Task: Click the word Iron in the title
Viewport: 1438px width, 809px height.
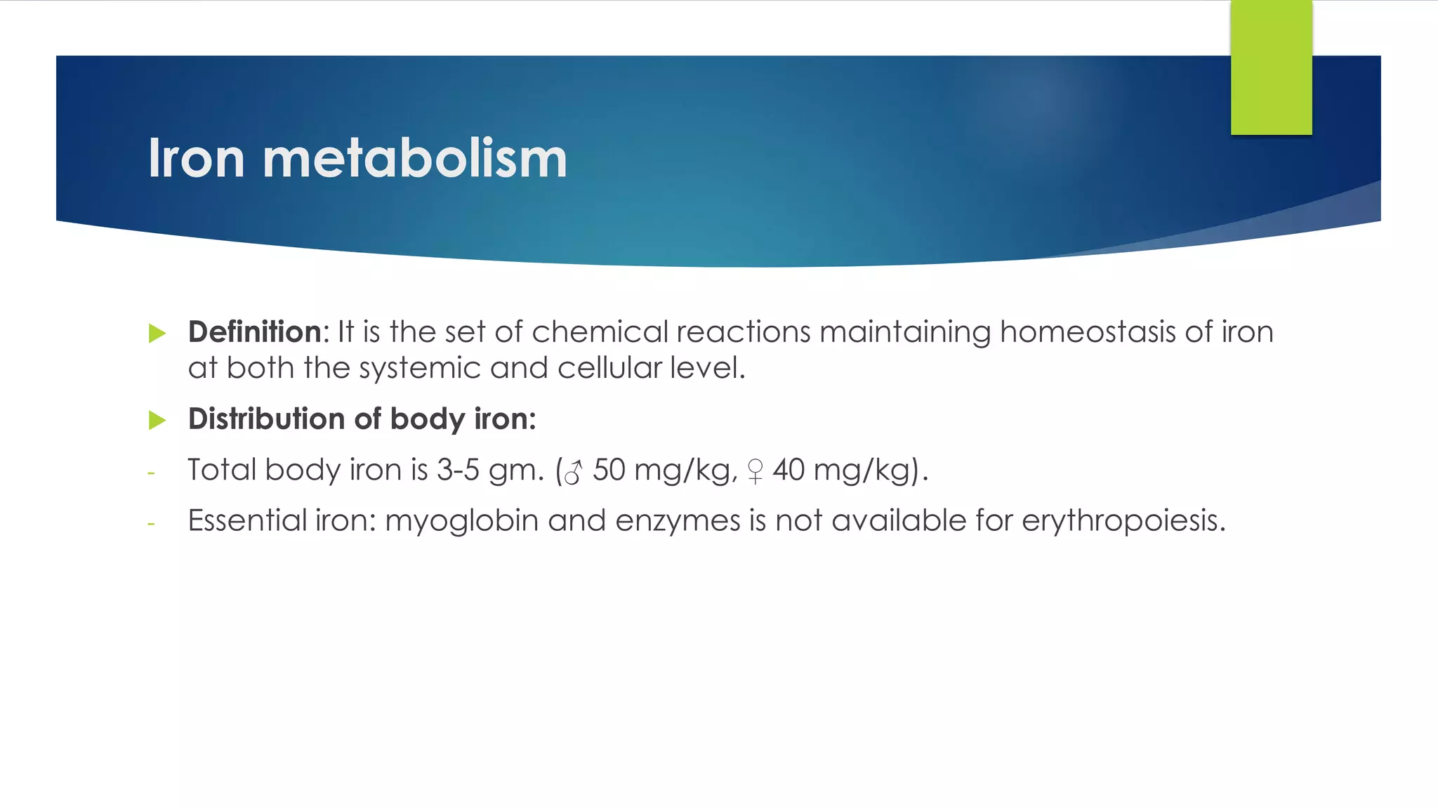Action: [x=196, y=159]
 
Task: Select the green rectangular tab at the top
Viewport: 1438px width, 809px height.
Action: [x=1271, y=67]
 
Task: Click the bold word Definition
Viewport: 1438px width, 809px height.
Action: [x=254, y=331]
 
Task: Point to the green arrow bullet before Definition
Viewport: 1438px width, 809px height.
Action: [x=157, y=333]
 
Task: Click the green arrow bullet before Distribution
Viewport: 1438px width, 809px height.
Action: [x=157, y=420]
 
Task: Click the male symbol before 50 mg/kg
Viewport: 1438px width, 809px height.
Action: [x=574, y=472]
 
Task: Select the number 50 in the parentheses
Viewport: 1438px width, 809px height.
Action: [x=609, y=470]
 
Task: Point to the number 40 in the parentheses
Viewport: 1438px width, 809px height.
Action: [x=789, y=470]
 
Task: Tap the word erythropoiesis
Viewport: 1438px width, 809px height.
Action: [x=1123, y=521]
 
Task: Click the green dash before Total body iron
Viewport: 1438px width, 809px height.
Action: [x=151, y=473]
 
